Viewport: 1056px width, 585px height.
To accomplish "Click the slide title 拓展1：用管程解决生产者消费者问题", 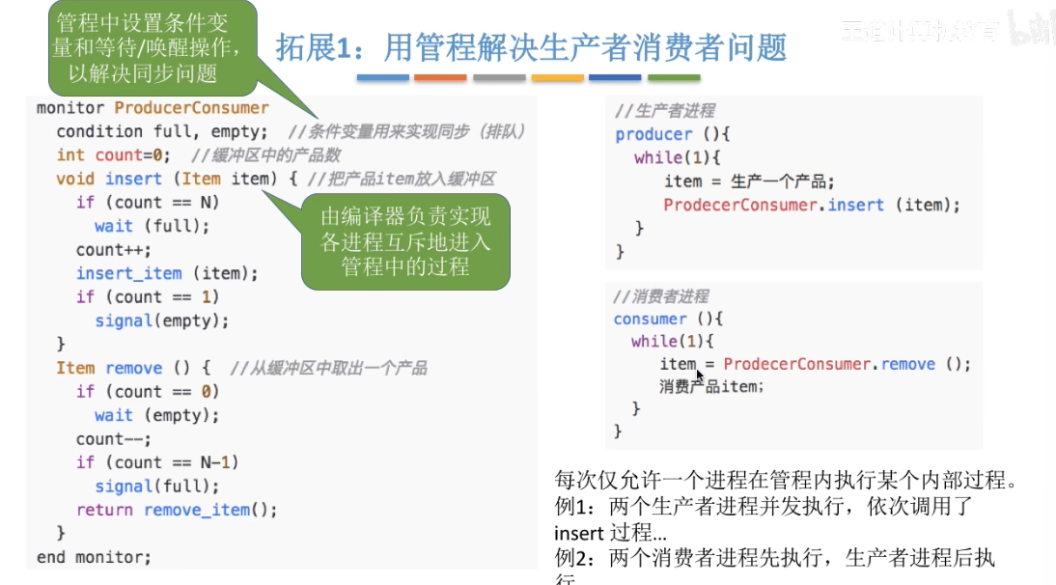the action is pos(531,46).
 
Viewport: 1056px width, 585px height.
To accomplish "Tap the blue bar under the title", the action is pos(382,77).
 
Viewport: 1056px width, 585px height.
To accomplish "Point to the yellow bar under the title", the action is pos(557,77).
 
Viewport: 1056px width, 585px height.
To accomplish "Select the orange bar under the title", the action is pos(440,77).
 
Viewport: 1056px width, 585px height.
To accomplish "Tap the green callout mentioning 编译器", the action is pos(405,241).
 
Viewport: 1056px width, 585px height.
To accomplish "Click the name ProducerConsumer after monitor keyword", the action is pos(191,108).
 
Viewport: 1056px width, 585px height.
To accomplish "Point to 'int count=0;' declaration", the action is pos(113,154).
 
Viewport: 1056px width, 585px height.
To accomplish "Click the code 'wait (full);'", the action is pos(152,226).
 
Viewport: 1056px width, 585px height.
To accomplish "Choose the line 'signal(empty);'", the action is pos(161,320).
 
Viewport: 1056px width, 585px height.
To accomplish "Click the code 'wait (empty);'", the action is pos(156,415).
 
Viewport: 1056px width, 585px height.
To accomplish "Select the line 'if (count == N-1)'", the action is pos(157,462).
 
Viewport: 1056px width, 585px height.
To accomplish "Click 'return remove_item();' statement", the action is pos(177,510).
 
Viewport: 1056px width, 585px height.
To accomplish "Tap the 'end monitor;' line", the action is pos(94,557).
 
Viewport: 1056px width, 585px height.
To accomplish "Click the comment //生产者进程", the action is pos(665,110).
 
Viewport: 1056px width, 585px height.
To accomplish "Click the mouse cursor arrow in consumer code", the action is pos(699,375).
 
